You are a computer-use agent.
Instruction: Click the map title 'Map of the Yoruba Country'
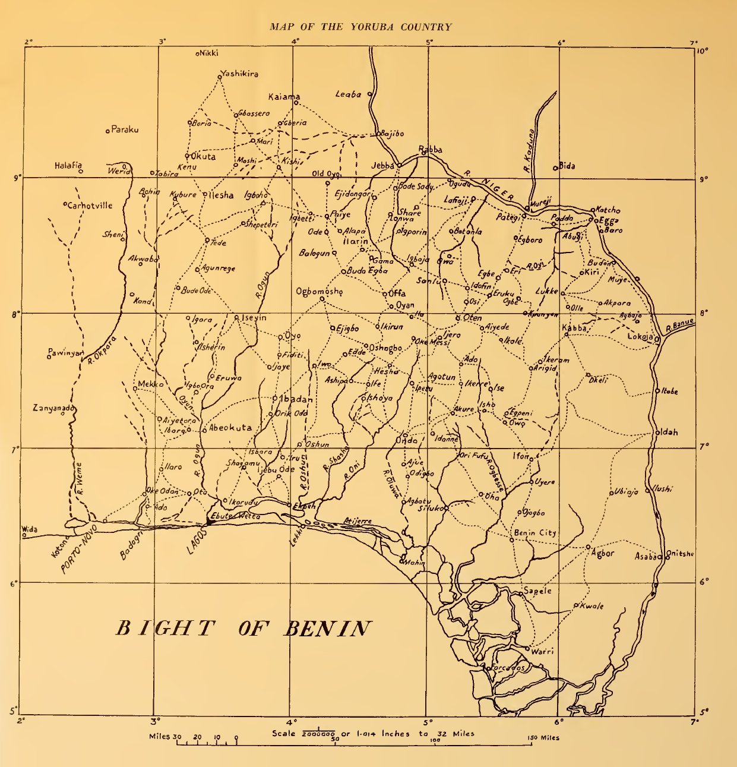360,27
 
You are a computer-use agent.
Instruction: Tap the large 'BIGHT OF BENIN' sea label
243,629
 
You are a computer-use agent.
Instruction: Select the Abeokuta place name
230,428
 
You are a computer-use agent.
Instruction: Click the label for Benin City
535,533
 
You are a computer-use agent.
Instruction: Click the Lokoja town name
640,337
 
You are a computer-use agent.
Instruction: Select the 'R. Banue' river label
679,326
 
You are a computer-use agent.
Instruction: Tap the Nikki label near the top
208,53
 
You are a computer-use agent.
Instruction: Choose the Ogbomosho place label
319,291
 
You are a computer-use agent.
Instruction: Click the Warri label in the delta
542,652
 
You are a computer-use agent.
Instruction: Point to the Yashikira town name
239,74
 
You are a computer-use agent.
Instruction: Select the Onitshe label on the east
681,554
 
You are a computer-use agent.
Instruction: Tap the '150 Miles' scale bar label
543,738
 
